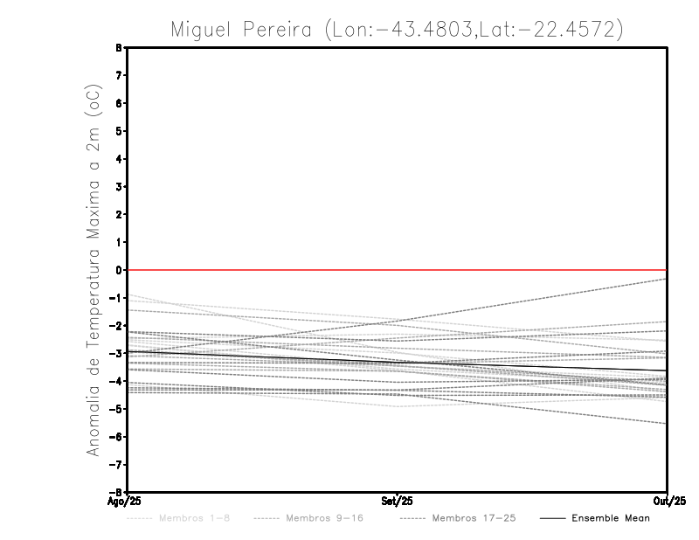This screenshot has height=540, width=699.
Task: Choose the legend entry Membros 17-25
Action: [x=461, y=519]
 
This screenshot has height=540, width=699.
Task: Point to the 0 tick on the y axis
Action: [x=119, y=270]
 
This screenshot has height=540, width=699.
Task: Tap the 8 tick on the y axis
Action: [x=119, y=48]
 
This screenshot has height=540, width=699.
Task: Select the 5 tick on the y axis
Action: [x=119, y=131]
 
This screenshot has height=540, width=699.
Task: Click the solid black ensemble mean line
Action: [x=262, y=358]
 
